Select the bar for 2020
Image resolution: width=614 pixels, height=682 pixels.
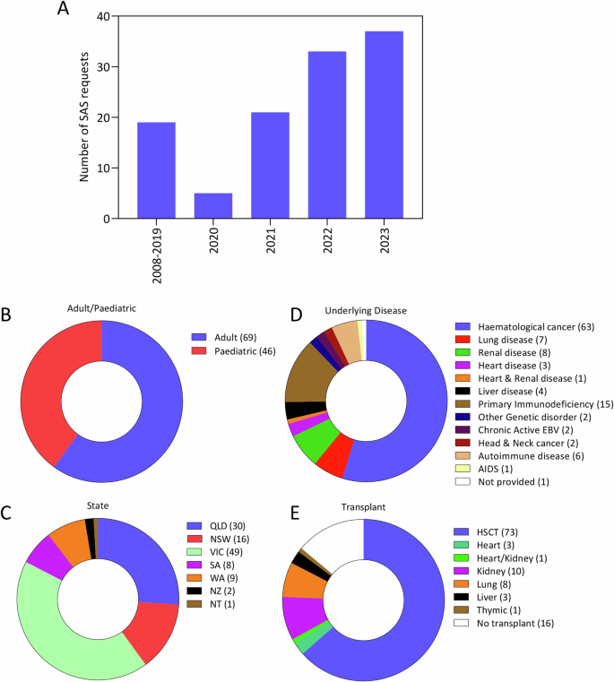(x=213, y=205)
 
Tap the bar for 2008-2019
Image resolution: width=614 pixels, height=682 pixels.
(x=156, y=169)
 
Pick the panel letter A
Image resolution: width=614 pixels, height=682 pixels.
(x=62, y=10)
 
